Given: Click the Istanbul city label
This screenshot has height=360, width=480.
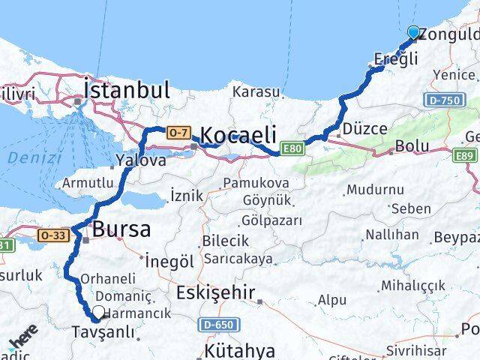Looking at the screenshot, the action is click(127, 90).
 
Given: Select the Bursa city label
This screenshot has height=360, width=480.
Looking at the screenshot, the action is click(121, 229).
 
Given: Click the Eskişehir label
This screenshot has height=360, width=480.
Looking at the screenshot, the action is click(215, 292).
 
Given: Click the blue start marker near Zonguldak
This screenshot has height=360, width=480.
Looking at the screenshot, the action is click(414, 32).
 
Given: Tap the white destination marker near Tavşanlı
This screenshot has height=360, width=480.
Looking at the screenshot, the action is click(98, 313).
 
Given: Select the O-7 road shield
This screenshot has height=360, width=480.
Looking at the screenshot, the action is click(177, 132).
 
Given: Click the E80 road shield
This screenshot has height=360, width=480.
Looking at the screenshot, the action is click(292, 150).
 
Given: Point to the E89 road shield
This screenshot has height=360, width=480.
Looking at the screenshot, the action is click(465, 155).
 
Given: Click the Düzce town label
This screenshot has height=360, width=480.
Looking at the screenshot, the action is click(365, 128).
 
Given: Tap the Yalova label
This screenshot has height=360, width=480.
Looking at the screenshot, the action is click(141, 160).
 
